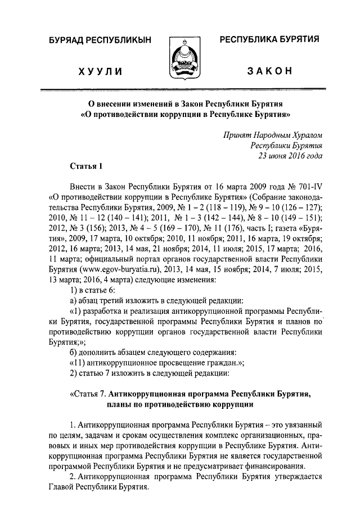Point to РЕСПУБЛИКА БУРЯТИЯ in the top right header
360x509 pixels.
point(269,40)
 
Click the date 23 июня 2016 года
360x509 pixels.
point(290,156)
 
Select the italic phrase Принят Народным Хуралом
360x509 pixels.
point(273,135)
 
